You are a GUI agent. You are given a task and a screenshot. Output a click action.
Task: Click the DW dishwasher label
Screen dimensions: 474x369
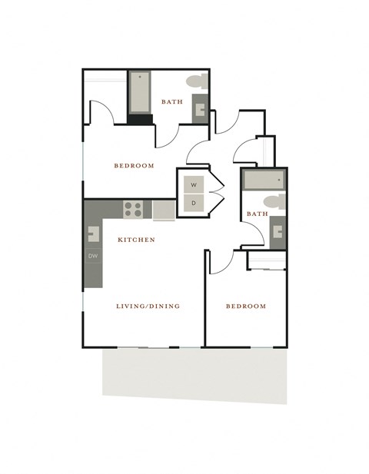[x=92, y=256]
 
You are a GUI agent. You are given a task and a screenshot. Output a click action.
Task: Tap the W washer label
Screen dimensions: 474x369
[x=194, y=185]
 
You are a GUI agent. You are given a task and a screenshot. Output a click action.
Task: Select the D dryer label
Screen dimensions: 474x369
[x=194, y=202]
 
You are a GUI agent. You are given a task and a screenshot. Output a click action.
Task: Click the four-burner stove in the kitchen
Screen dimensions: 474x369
[x=134, y=209]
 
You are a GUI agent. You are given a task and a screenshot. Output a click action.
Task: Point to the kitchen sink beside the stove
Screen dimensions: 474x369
[x=164, y=210]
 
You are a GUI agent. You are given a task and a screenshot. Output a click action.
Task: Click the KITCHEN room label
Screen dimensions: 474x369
[x=136, y=240]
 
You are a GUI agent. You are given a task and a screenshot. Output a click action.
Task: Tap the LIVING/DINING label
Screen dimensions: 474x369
[x=148, y=306]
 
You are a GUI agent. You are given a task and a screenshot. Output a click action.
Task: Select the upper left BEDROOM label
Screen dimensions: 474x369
[x=134, y=165]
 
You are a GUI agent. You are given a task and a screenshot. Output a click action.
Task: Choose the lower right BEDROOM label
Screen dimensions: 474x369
[x=245, y=306]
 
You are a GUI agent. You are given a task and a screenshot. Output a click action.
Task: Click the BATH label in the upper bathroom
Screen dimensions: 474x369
[x=171, y=101]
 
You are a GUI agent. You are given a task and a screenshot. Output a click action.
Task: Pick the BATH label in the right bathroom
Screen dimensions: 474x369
[x=258, y=214]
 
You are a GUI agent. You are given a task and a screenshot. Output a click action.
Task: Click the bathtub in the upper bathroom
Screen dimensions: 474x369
[x=140, y=93]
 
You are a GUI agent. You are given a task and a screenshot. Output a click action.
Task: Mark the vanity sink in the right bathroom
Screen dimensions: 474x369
[x=278, y=230]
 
